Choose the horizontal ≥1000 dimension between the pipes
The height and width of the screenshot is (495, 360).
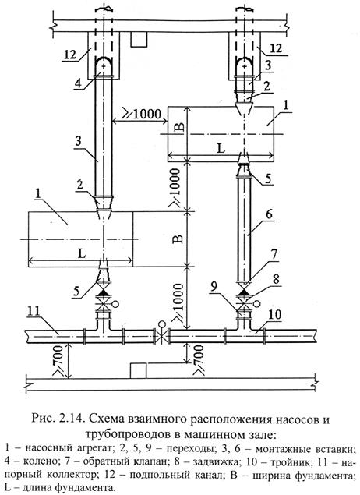point(142,115)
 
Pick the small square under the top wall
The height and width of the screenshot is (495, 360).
point(140,37)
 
